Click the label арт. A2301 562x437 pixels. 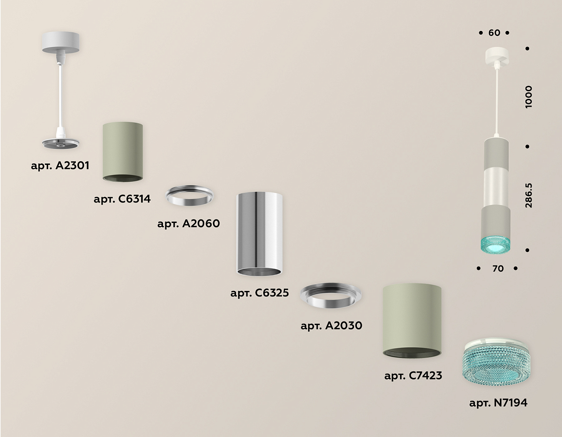point(60,165)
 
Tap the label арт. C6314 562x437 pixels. point(122,199)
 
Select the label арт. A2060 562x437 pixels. point(189,223)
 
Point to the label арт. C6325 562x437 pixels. point(259,293)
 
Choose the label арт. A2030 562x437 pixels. point(331,326)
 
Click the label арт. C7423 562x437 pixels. point(413,376)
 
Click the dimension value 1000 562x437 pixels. point(529,97)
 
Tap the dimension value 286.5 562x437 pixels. point(529,195)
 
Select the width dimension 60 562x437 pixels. point(494,33)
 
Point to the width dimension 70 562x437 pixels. point(498,269)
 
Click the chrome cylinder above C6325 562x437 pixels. point(259,234)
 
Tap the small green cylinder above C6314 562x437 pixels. point(123,152)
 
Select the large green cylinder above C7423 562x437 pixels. point(412,321)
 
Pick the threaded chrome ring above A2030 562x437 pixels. point(331,295)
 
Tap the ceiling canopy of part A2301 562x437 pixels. point(60,43)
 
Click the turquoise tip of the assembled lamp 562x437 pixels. point(495,245)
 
